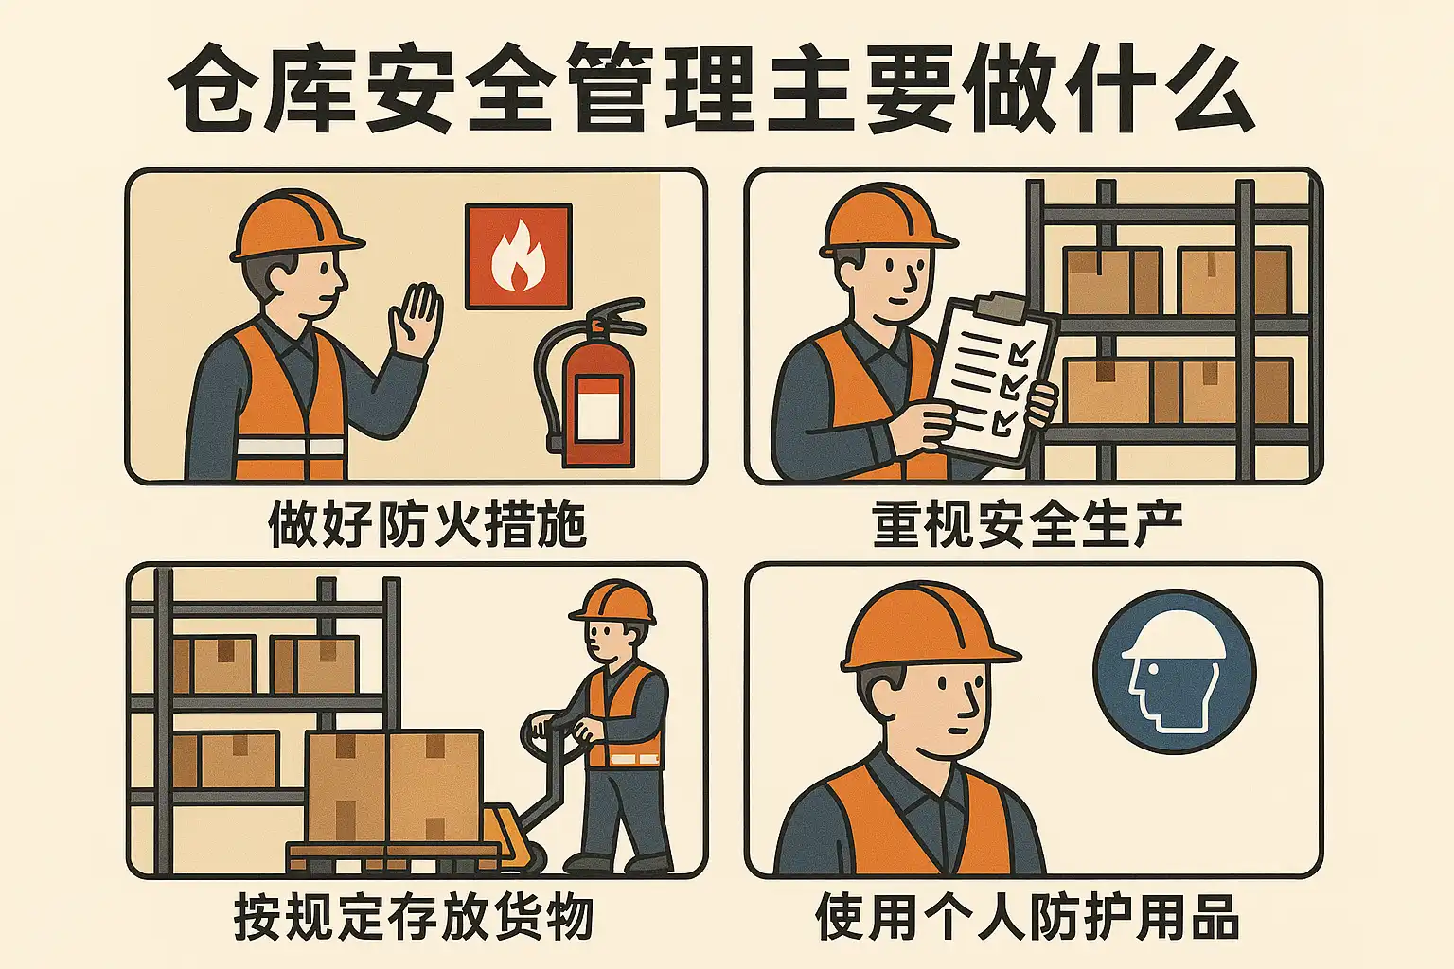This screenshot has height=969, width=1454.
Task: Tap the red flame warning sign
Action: pyautogui.click(x=519, y=255)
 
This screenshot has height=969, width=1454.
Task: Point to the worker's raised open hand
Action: pyautogui.click(x=416, y=319)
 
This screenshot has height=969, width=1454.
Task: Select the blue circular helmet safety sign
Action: pyautogui.click(x=1175, y=672)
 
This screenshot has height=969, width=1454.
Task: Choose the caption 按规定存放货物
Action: pyautogui.click(x=414, y=916)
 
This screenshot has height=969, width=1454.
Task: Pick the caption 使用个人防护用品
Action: pyautogui.click(x=1027, y=916)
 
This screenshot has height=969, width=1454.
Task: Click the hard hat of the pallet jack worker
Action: pyautogui.click(x=612, y=601)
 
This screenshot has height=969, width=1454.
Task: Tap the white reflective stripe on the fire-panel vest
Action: pyautogui.click(x=291, y=447)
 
